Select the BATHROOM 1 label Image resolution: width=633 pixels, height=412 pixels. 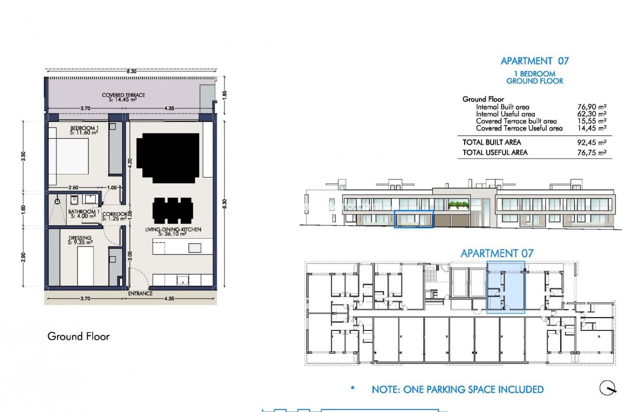pyautogui.click(x=83, y=214)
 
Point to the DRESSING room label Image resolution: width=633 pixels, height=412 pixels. pyautogui.click(x=80, y=240)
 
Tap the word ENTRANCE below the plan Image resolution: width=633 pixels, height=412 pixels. pyautogui.click(x=141, y=294)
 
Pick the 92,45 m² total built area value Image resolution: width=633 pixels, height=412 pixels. pyautogui.click(x=592, y=142)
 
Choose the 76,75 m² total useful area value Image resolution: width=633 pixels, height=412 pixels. pyautogui.click(x=592, y=153)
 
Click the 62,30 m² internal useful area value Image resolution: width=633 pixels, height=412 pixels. pyautogui.click(x=592, y=114)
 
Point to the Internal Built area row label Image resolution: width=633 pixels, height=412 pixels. pyautogui.click(x=503, y=107)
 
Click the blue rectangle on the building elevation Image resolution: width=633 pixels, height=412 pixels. pyautogui.click(x=413, y=219)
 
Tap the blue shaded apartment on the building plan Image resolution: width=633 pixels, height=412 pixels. pyautogui.click(x=506, y=287)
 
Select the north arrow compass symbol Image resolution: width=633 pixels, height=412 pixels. pyautogui.click(x=608, y=388)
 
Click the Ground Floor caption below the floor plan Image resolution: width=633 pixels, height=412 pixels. pyautogui.click(x=79, y=336)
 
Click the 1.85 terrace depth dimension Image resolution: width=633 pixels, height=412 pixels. pyautogui.click(x=225, y=95)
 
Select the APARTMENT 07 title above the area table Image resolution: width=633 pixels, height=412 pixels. pyautogui.click(x=535, y=61)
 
